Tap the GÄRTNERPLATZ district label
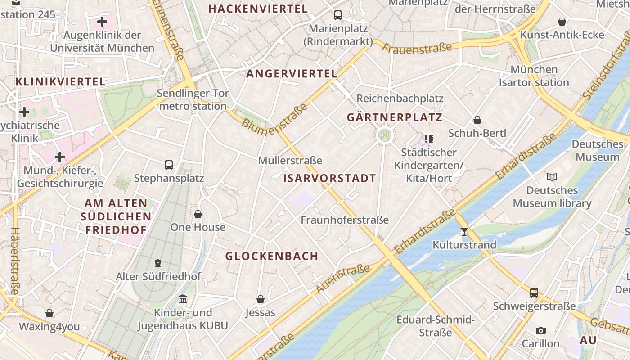point(395,118)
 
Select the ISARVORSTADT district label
point(329,178)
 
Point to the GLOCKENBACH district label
point(272,256)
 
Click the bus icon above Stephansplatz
point(169,165)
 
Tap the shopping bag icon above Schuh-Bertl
point(477,120)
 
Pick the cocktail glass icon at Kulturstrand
point(464,232)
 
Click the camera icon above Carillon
point(541,330)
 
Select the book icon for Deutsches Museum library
point(552,177)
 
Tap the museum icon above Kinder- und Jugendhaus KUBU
point(183,299)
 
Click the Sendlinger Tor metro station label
point(193,100)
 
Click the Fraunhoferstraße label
point(345,220)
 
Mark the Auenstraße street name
point(343,279)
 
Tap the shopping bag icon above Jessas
point(260,299)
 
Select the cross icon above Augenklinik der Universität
point(102,21)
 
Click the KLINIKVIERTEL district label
point(61,82)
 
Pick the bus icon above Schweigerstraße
point(534,293)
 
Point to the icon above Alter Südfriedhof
point(158,263)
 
